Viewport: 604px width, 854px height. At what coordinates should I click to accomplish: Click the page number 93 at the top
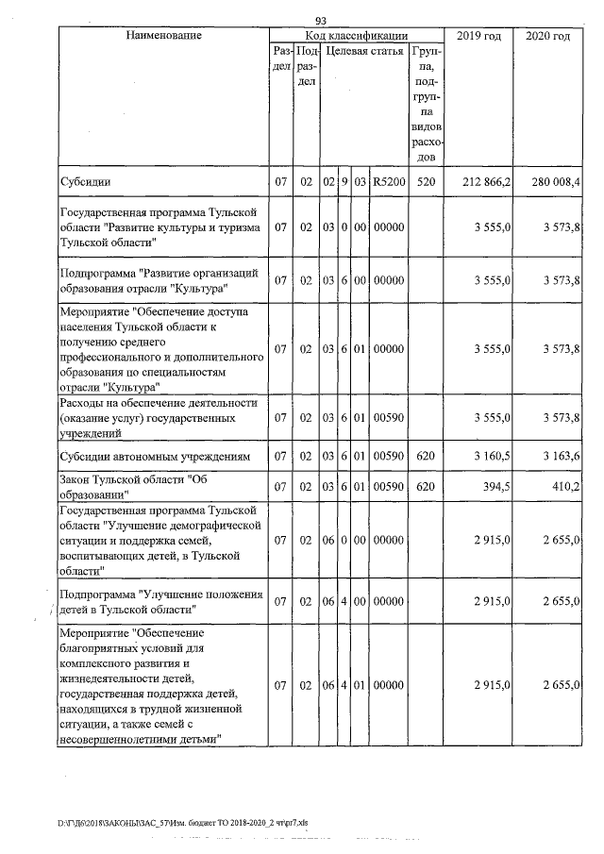[321, 21]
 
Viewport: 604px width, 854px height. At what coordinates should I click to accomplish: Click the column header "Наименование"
[163, 36]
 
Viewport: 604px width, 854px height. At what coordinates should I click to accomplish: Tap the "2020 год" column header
[548, 36]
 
